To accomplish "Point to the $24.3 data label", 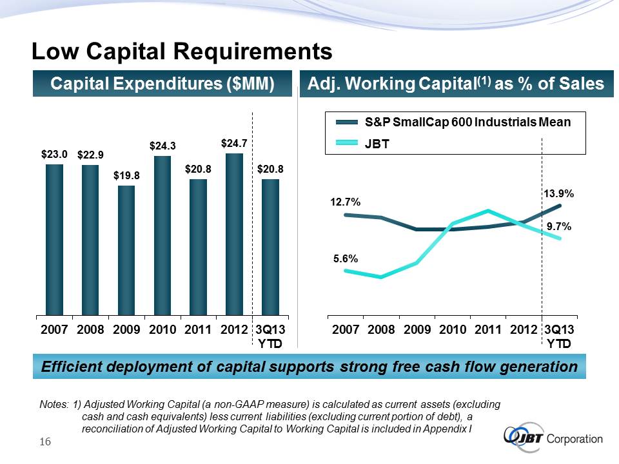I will [x=162, y=146].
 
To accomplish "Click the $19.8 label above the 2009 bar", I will [x=126, y=175].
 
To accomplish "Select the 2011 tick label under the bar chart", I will [x=199, y=330].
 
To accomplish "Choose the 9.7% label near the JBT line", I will [x=559, y=226].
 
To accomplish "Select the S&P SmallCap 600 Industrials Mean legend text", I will [x=467, y=122].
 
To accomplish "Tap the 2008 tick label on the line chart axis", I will [x=382, y=330].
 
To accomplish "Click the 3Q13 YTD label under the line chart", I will [x=559, y=336].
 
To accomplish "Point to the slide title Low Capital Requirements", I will [x=182, y=50].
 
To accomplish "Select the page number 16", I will [x=45, y=441].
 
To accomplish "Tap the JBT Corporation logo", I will [x=554, y=438].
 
